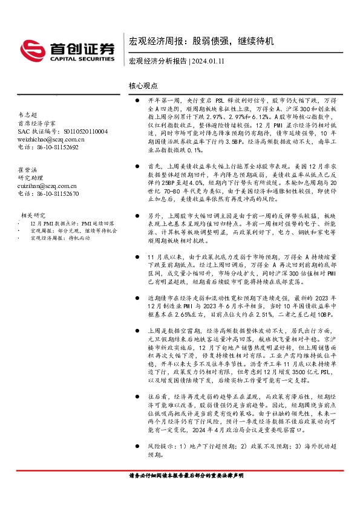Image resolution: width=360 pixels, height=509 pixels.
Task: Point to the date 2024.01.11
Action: tap(211, 61)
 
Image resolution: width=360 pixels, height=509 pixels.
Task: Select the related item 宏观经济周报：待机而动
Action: tap(59, 238)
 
